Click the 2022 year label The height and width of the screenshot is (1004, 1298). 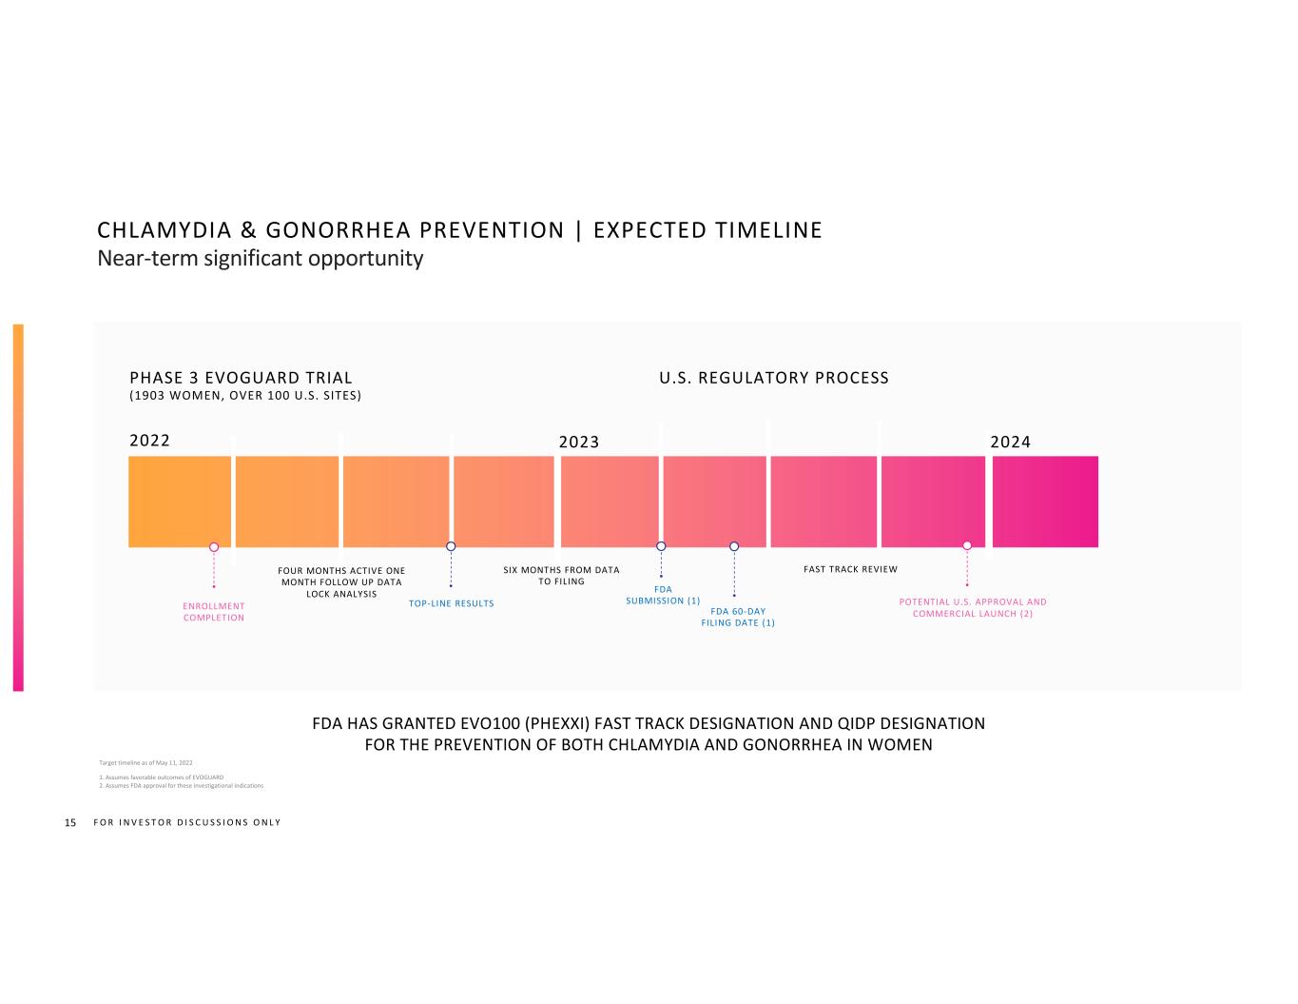click(149, 441)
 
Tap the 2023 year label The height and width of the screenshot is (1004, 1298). click(578, 442)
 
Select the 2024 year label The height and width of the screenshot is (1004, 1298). click(1010, 442)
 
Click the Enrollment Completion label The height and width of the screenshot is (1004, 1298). click(214, 612)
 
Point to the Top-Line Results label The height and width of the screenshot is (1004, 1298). click(452, 603)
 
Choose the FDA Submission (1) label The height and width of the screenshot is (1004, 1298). click(663, 595)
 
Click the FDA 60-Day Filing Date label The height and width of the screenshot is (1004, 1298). click(738, 617)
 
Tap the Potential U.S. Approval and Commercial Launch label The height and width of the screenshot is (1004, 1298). click(973, 608)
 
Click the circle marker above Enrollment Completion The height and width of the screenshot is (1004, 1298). click(214, 546)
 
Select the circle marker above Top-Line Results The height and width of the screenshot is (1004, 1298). click(451, 545)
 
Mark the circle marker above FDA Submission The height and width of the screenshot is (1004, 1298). click(661, 545)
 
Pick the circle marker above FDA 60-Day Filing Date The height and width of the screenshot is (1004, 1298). click(734, 545)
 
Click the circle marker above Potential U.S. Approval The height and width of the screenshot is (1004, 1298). click(967, 545)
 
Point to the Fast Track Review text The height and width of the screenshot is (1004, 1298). click(850, 569)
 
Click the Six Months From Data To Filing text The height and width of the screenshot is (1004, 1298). click(561, 576)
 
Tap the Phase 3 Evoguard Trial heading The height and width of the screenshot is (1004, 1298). click(241, 378)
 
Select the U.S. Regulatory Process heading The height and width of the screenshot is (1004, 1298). click(774, 378)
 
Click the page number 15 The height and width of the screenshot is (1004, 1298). click(69, 822)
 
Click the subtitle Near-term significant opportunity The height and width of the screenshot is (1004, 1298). click(260, 258)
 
